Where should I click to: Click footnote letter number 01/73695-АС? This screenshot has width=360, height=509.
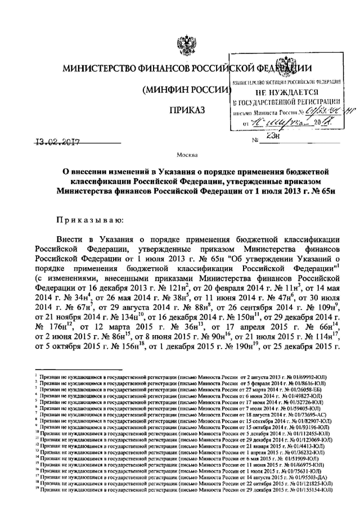tap(307, 415)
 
